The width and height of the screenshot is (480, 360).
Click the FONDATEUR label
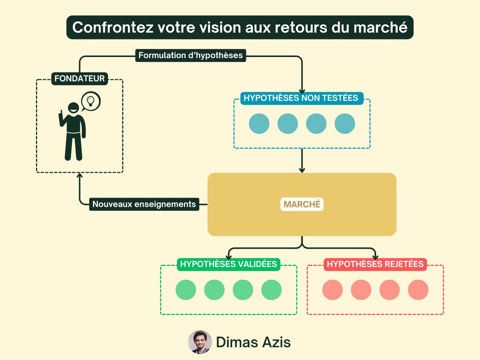click(x=79, y=79)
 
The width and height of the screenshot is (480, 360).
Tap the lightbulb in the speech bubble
click(x=90, y=101)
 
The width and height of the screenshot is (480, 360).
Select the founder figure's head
click(x=73, y=108)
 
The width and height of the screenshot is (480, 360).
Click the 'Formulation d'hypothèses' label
click(x=190, y=55)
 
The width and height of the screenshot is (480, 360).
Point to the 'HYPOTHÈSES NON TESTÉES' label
click(x=301, y=98)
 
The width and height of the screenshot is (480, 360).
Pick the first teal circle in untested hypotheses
click(x=259, y=124)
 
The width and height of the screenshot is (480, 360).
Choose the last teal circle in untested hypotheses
click(x=345, y=124)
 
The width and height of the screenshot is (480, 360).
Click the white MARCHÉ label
click(x=302, y=204)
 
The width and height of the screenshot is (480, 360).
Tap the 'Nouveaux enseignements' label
click(x=144, y=204)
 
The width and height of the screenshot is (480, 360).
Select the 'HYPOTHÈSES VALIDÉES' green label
click(x=228, y=264)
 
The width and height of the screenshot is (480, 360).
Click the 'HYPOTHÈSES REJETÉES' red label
click(x=375, y=264)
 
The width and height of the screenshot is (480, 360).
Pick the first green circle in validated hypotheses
click(x=186, y=290)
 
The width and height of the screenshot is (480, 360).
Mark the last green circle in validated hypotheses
click(x=271, y=290)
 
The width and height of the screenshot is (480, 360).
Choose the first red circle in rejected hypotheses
click(x=333, y=290)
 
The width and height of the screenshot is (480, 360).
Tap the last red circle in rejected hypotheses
click(x=418, y=290)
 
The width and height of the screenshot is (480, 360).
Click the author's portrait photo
click(x=200, y=342)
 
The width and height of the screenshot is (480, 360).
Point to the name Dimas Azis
click(x=253, y=342)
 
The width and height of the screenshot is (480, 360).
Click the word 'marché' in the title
click(x=381, y=27)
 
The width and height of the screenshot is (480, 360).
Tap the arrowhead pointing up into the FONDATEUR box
click(x=79, y=175)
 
